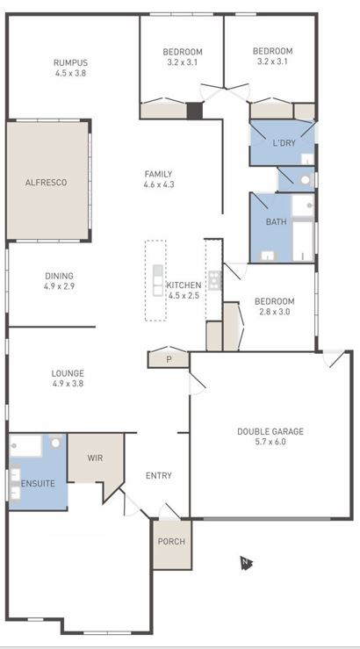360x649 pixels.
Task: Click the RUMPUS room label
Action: coord(70,62)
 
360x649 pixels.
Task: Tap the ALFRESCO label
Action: coord(46,183)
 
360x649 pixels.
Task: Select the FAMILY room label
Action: coord(158,174)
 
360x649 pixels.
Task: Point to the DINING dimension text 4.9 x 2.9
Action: coord(59,286)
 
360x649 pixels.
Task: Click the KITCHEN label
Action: coord(184,285)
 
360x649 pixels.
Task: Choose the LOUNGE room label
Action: coord(68,373)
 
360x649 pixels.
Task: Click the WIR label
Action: coord(96,458)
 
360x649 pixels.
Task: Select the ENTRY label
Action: coord(158,476)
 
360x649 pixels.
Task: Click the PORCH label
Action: coord(171,541)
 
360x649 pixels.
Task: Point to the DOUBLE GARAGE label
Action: coord(270,431)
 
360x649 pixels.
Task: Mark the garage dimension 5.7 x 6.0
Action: coord(270,442)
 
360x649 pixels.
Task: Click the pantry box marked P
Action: coord(169,358)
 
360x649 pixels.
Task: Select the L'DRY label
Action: coord(283,143)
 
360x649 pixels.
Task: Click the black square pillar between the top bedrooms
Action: coord(194,111)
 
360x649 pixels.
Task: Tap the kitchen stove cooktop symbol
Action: coord(213,281)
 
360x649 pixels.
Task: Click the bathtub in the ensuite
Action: coord(25,446)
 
